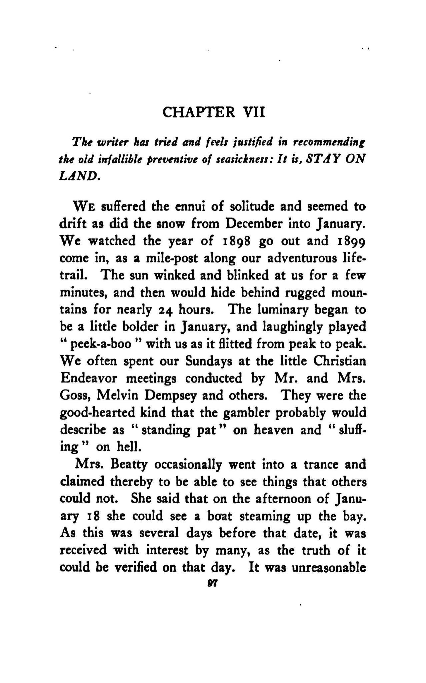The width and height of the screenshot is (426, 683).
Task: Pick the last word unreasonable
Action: [329, 568]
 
